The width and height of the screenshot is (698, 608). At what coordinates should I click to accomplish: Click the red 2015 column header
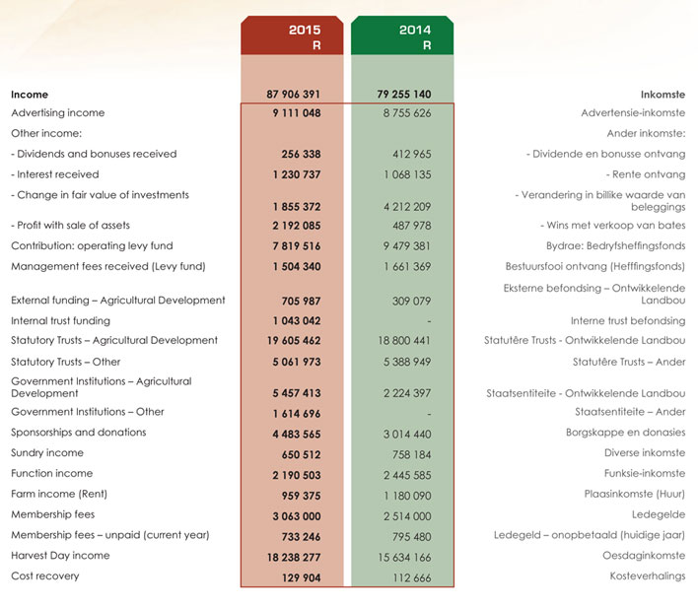pos(292,36)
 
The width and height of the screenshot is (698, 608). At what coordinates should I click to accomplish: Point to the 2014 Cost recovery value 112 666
pos(407,576)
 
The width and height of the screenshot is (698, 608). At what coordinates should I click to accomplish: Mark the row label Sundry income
pos(47,453)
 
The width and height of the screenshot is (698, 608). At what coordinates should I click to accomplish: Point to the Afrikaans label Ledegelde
pos(658,514)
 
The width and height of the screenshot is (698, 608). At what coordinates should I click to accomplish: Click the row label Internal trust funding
pos(60,321)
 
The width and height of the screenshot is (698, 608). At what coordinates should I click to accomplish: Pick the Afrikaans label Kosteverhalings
pos(647,576)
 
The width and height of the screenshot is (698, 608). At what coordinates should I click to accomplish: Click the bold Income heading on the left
pos(30,95)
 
